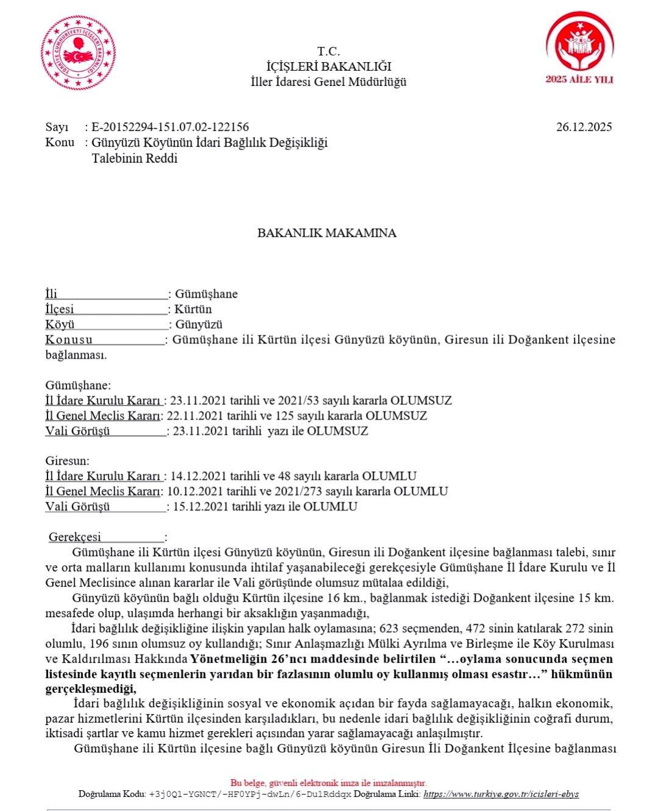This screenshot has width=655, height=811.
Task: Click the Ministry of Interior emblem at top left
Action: [79, 53]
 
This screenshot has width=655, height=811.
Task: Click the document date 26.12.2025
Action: [584, 127]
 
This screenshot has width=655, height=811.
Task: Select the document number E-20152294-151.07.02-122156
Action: [170, 127]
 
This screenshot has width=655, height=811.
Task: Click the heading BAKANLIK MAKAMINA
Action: [327, 233]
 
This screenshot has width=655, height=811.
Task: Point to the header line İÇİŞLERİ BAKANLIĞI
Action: [329, 66]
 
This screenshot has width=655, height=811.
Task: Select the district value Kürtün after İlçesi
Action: [193, 309]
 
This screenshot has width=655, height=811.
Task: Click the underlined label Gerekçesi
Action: [75, 537]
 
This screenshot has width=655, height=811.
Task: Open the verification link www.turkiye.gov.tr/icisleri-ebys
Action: [501, 794]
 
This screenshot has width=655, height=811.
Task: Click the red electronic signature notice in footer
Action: [329, 783]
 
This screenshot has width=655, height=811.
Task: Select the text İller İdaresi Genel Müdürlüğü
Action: [329, 82]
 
